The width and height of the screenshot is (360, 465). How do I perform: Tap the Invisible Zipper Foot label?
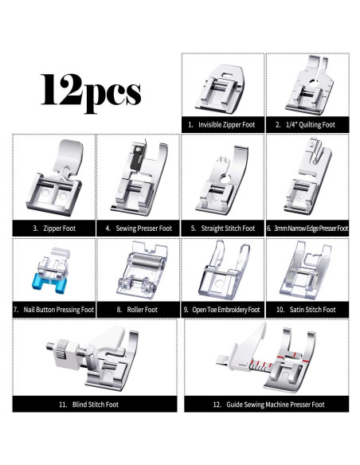pos(221,124)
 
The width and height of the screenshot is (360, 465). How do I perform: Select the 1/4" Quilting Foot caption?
pos(306,124)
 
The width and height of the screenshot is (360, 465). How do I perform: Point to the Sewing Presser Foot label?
pos(138,228)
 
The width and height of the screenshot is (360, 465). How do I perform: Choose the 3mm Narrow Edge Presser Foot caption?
pos(307,228)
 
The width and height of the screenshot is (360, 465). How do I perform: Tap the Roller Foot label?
pos(138,309)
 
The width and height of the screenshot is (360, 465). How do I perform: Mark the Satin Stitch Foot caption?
pos(306,309)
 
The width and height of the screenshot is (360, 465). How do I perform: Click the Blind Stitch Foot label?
pos(95,404)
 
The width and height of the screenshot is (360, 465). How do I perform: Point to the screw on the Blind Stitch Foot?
pos(49,349)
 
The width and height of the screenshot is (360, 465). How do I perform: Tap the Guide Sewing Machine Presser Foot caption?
pos(263,404)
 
